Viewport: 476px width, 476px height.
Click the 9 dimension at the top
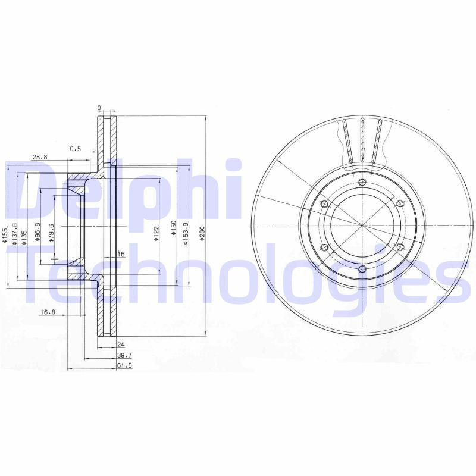[99, 108]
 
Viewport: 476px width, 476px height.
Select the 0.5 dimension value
[76, 148]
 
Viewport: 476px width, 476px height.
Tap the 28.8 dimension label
[39, 157]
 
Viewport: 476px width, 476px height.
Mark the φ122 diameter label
[156, 233]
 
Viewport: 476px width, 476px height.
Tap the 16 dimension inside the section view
[121, 254]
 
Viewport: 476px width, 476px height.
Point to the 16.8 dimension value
[48, 312]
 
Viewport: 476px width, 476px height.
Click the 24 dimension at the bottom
[121, 345]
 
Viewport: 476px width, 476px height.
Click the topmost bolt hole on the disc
[362, 182]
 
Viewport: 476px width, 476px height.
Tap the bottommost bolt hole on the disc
[362, 269]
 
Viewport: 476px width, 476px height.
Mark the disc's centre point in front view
[362, 226]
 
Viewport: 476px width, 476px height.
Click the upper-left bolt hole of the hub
[324, 204]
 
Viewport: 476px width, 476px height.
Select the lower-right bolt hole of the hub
[400, 247]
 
